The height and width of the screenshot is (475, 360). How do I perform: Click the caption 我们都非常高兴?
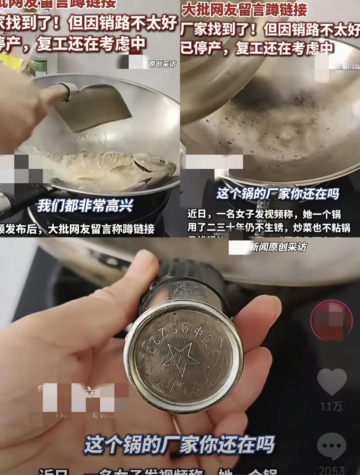click(x=85, y=206)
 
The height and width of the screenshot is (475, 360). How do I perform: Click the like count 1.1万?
click(x=331, y=406)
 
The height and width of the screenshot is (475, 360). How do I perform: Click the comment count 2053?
click(x=331, y=470)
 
